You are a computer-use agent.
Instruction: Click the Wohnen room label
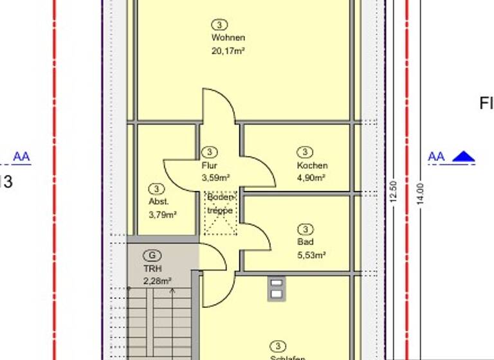click(x=228, y=37)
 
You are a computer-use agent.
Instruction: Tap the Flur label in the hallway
click(x=209, y=165)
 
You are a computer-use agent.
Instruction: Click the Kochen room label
click(x=312, y=165)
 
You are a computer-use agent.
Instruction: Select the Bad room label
click(x=305, y=242)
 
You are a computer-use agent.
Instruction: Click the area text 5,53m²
click(x=311, y=255)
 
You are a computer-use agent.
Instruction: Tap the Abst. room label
click(x=158, y=201)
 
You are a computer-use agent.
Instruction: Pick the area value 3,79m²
click(x=162, y=214)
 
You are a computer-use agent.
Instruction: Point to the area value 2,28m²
click(x=157, y=280)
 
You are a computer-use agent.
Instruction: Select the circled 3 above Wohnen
click(x=219, y=24)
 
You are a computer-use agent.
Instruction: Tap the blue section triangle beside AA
click(x=463, y=157)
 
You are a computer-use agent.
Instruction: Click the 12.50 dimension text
click(x=394, y=191)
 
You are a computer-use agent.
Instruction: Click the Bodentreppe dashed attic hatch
click(x=221, y=213)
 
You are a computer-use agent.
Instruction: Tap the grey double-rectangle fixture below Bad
click(x=276, y=288)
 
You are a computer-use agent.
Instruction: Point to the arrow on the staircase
click(x=172, y=293)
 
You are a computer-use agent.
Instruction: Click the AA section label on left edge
click(x=21, y=157)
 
